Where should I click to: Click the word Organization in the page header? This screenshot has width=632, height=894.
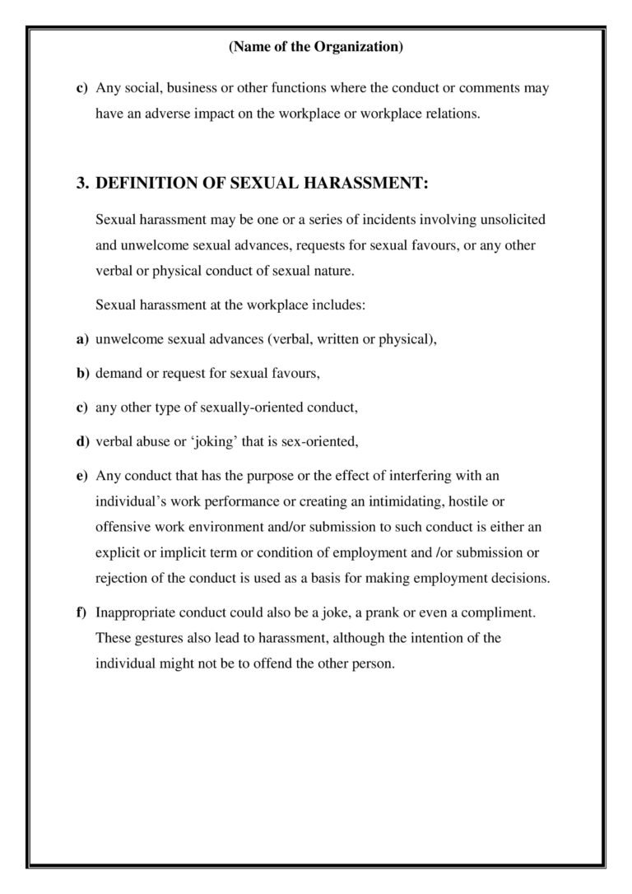click(x=358, y=48)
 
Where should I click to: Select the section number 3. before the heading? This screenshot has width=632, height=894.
click(x=82, y=184)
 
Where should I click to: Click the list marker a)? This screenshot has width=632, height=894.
click(x=82, y=339)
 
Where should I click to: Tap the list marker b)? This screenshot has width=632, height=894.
click(x=82, y=373)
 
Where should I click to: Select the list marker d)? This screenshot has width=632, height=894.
click(x=82, y=441)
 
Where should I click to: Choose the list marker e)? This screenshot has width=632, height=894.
click(x=82, y=476)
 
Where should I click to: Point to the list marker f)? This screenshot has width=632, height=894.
click(x=82, y=613)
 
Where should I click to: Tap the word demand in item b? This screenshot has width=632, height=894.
click(x=118, y=373)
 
